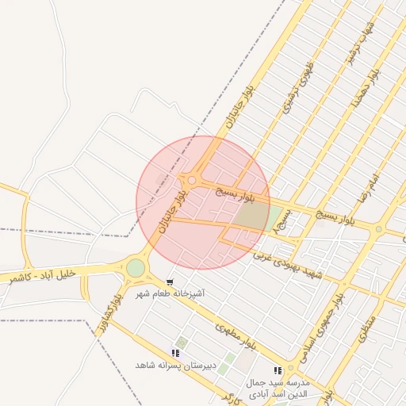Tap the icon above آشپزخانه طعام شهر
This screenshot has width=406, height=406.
click(x=170, y=282)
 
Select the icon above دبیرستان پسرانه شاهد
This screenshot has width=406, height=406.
click(x=175, y=353)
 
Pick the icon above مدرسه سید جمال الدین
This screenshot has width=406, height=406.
click(x=278, y=370)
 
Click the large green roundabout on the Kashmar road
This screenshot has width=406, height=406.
click(x=136, y=268)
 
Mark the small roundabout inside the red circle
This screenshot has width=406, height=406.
click(x=191, y=180)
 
